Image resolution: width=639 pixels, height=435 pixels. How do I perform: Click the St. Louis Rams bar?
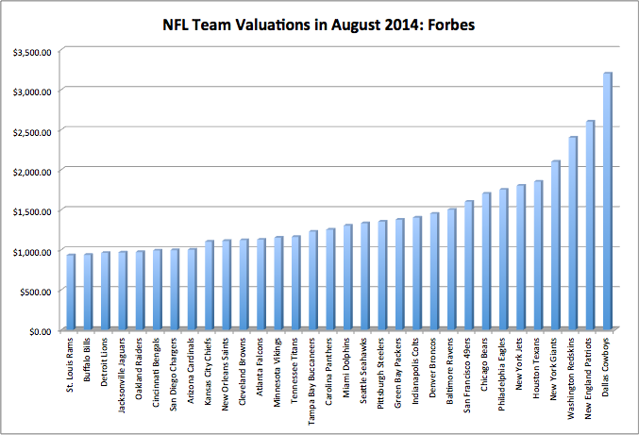(71, 293)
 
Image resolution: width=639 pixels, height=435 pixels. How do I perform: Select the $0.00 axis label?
(39, 331)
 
